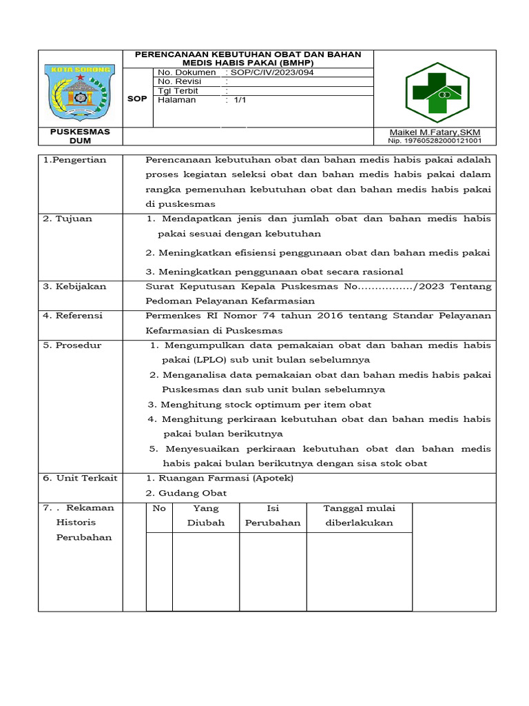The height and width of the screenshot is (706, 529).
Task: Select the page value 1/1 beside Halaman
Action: (240, 99)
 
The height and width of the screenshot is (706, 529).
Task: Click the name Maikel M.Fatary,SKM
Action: (435, 132)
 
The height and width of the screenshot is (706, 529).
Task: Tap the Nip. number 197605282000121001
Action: (435, 141)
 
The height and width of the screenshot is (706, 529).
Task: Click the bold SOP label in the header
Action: (137, 99)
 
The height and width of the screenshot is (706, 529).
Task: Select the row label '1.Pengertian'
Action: (75, 160)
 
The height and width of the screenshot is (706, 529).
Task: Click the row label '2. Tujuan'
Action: (68, 219)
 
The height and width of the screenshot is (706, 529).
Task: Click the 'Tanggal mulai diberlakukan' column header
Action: (360, 515)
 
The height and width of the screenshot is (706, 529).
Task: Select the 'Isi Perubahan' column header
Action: (273, 515)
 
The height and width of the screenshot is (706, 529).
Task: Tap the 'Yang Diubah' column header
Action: (206, 515)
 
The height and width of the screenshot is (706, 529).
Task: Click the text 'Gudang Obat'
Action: (192, 493)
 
